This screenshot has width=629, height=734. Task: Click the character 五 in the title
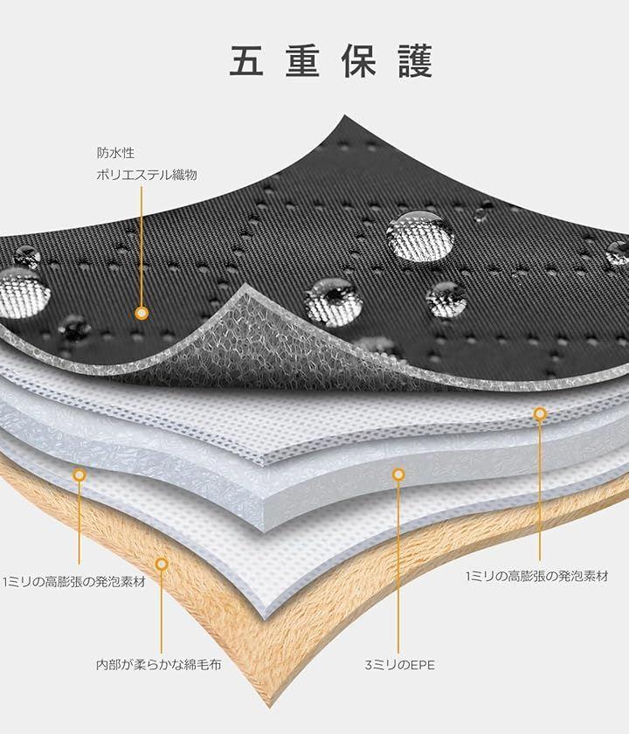(x=245, y=61)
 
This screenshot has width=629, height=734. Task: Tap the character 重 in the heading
(x=302, y=61)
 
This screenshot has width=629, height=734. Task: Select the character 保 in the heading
(x=359, y=61)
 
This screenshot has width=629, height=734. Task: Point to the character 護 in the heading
(x=416, y=61)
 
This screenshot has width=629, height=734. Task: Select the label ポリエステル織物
(x=147, y=175)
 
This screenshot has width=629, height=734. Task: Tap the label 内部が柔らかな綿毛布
(x=158, y=664)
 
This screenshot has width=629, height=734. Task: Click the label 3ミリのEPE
(x=400, y=665)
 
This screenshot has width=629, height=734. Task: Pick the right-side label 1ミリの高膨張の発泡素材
(x=536, y=576)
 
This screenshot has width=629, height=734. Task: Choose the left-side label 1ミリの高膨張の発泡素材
(x=74, y=582)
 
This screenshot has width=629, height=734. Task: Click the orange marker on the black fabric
(x=142, y=313)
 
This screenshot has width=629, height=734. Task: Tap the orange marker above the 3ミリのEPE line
(x=398, y=474)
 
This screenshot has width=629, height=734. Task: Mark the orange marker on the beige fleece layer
(x=162, y=564)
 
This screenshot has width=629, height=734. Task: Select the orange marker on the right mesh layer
(x=540, y=413)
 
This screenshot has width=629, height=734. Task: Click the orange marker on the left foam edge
(x=79, y=475)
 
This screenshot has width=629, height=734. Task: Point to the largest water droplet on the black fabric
(x=420, y=236)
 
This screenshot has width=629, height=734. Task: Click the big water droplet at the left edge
(x=24, y=292)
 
